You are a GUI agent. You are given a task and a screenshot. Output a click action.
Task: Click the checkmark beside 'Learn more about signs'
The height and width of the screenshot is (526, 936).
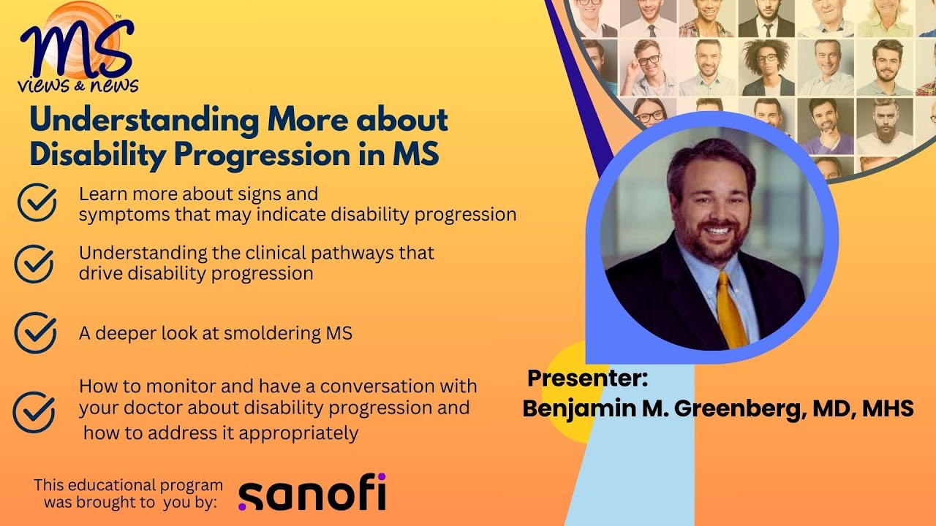37,202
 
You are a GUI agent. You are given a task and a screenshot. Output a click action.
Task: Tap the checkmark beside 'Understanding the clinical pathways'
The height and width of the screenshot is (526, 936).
34,263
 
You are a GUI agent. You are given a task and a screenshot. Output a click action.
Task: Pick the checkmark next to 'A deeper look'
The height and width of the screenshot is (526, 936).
35,332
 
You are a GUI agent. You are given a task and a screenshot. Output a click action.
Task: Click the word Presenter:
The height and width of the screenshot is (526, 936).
588,378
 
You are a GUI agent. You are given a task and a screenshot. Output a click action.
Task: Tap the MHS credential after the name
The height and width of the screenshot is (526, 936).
888,408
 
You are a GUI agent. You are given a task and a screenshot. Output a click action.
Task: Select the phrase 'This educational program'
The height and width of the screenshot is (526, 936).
128,485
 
